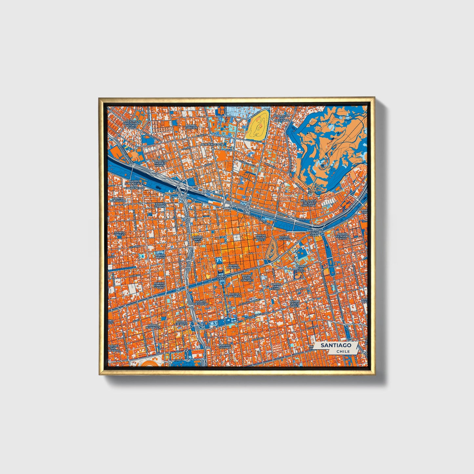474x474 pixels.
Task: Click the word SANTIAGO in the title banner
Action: (336, 345)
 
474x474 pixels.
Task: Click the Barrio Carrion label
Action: (191, 126)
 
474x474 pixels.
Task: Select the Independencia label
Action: (212, 144)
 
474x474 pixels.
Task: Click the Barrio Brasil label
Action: (160, 256)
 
